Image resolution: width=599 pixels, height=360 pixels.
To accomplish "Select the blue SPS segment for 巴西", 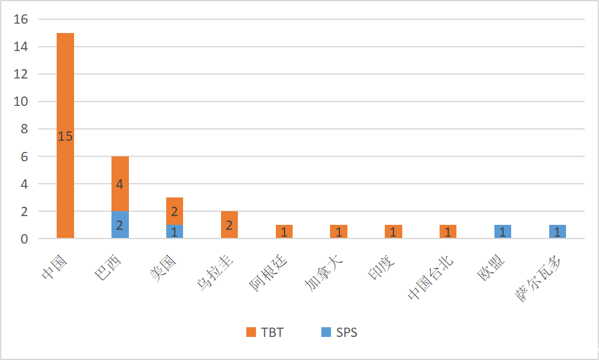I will coord(120,225).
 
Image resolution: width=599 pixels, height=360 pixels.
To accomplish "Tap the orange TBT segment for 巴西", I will coord(120,184).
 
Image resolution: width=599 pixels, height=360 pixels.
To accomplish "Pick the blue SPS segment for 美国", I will coord(174,232).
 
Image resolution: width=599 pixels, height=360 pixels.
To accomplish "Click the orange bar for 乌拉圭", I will coord(229,225).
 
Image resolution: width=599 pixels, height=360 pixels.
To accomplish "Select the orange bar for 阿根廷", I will coord(284,232).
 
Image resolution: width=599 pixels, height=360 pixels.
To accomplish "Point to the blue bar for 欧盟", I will coord(502,232).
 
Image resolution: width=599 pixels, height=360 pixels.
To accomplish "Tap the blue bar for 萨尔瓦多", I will coord(557,232).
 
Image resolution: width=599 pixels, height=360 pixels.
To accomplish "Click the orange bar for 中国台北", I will coord(448,232).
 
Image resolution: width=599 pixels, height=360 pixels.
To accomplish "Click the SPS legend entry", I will coord(339,333).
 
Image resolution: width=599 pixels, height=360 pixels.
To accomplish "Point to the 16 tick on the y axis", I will coord(21,19).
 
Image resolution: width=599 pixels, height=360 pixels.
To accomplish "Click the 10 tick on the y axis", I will coord(21,102).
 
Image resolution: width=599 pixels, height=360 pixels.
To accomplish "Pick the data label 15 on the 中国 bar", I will coord(65,136).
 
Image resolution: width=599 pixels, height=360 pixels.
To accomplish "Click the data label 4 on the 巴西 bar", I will coord(120,184).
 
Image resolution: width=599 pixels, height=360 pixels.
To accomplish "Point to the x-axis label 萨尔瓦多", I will coord(537,280).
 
